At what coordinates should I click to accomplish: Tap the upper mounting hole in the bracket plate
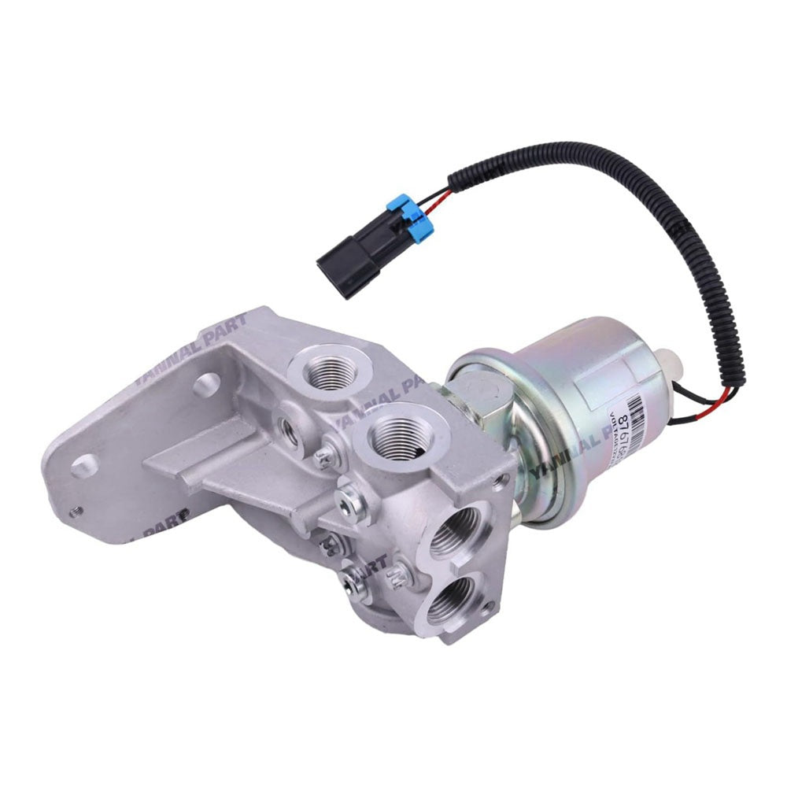coord(206,384)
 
